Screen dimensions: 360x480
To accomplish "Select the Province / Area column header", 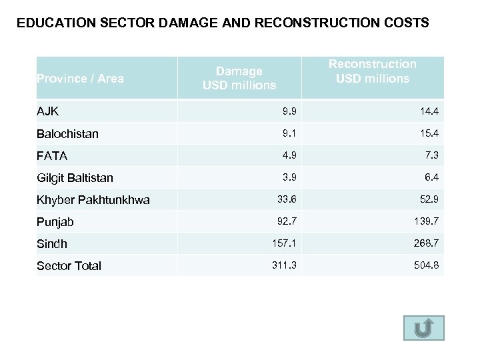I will (80, 79).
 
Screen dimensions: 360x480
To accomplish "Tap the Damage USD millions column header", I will (239, 78).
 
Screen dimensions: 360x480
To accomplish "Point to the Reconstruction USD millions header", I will (373, 71).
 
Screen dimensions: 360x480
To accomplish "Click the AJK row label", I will (48, 111).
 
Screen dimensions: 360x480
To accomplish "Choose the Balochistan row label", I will (67, 133).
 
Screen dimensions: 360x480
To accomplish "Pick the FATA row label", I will (52, 155).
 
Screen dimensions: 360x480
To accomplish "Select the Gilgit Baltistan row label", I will (75, 177).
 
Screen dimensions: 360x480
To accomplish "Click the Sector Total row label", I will (69, 265).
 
